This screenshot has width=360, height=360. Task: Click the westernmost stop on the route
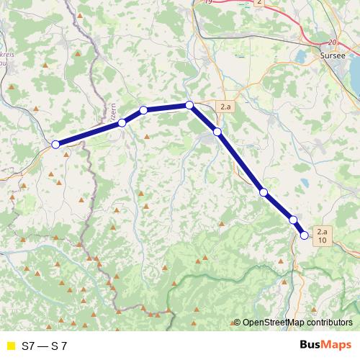(55, 144)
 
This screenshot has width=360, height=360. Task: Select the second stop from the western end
(122, 123)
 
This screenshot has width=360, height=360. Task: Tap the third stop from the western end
(143, 109)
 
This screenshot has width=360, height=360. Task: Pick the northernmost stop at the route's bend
(189, 105)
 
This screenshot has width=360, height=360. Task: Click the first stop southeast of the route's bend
(217, 132)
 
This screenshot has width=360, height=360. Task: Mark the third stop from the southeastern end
(264, 192)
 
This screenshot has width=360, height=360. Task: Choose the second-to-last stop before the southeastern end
(293, 220)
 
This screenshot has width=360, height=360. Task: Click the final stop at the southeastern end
(305, 235)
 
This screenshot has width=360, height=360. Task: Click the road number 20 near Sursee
(332, 42)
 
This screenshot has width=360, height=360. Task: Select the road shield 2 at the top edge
(259, 3)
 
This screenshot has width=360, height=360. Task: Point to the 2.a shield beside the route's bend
(225, 107)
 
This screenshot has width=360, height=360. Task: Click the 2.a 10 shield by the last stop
(322, 236)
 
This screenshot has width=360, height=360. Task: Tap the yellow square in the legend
(9, 346)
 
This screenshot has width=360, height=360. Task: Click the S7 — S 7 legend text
(45, 346)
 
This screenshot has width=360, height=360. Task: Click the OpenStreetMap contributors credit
(298, 323)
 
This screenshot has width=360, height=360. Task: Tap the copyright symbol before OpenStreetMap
(237, 323)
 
